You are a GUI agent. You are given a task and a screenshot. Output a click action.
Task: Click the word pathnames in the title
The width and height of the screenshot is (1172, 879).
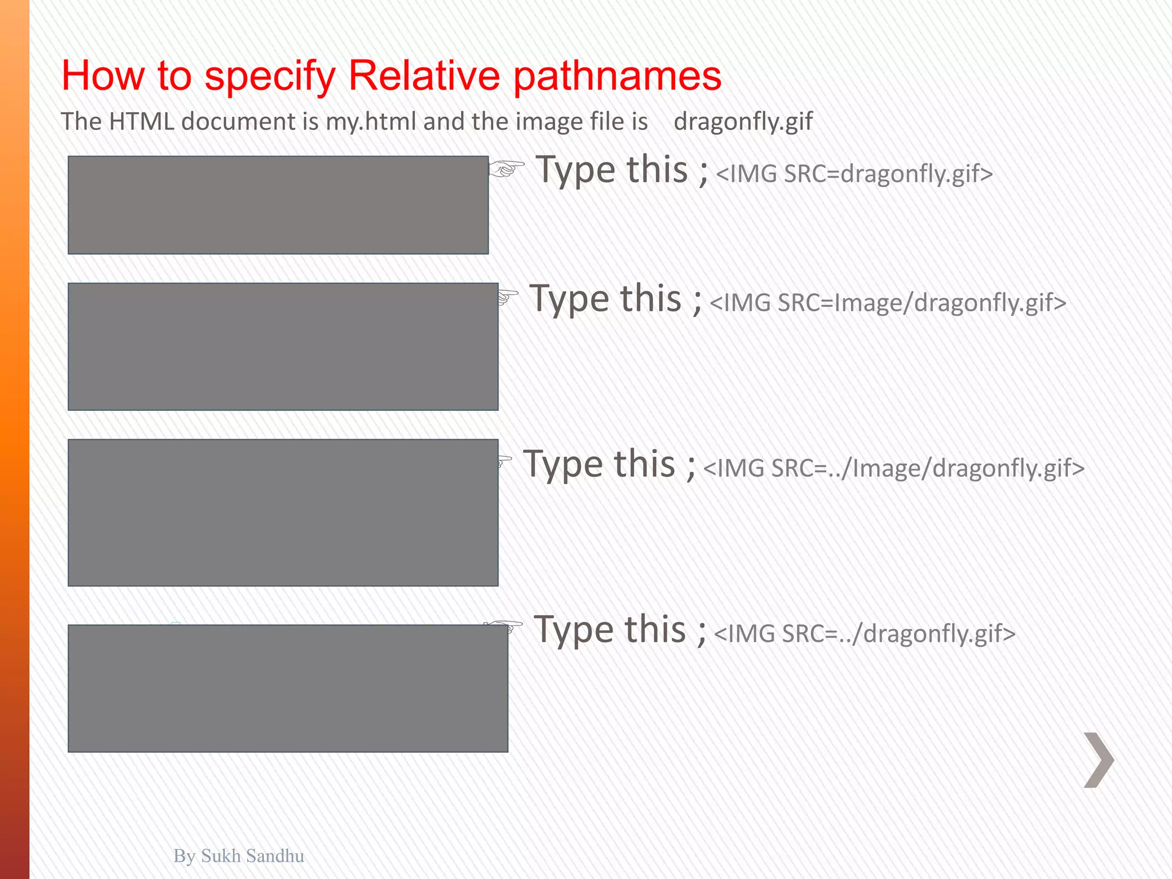pos(617,76)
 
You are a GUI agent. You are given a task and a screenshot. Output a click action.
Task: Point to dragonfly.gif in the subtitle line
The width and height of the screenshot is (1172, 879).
pos(743,122)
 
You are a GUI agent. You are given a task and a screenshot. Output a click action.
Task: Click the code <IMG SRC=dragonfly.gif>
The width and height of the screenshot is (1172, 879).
pos(854,174)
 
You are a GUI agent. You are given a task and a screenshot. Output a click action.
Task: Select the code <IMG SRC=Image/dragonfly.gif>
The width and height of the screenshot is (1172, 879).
pos(888,303)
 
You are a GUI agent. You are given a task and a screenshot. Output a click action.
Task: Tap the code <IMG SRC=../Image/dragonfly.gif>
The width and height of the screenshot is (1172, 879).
pos(893,468)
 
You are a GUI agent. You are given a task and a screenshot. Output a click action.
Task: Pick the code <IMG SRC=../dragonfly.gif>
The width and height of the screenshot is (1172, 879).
pos(864,633)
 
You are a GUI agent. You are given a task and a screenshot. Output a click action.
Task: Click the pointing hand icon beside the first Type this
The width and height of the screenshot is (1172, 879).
pos(506,169)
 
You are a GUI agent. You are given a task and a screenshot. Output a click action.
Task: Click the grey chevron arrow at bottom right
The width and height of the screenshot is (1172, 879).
pos(1099,760)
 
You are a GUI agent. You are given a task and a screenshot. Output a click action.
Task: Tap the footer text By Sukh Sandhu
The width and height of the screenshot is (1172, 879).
pos(239,856)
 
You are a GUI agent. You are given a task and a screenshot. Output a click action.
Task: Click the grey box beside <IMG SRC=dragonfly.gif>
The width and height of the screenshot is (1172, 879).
pos(278,205)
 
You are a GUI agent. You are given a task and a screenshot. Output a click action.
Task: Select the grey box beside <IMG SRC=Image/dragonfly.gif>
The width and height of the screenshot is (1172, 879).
pos(283,346)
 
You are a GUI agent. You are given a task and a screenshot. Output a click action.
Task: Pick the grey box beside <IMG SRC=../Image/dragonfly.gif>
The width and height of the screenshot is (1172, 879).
pos(283,512)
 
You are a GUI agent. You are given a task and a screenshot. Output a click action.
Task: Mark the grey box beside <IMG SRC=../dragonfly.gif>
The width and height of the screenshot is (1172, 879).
pos(288,688)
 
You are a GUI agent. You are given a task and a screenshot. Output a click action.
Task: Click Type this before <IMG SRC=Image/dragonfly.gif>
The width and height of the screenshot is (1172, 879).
pos(615,299)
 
